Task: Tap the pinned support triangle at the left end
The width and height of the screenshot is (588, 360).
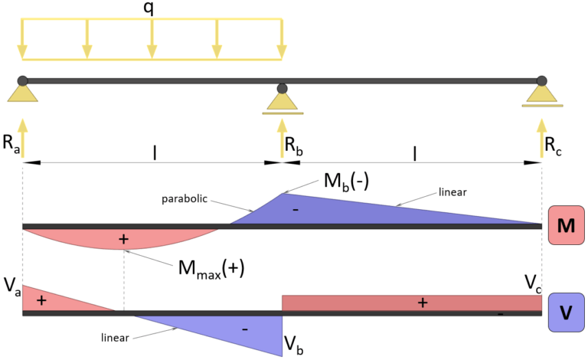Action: tap(23, 93)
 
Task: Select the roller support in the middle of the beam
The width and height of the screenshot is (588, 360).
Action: tap(283, 102)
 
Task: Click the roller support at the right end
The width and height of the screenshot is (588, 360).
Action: tap(542, 94)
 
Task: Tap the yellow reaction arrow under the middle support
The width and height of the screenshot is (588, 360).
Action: tap(283, 138)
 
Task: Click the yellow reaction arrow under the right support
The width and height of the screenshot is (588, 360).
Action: tap(542, 138)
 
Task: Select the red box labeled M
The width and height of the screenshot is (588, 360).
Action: tap(567, 225)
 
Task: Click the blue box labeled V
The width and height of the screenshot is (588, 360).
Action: tap(567, 313)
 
